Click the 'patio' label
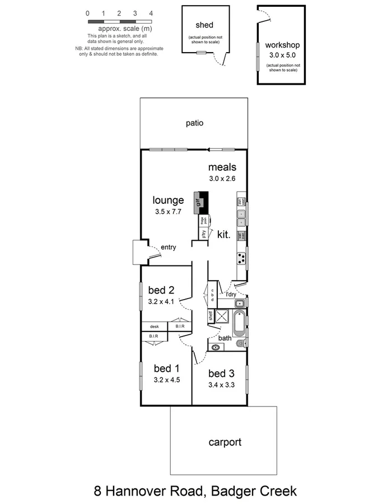(194, 123)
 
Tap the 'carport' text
(225, 442)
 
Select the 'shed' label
(204, 25)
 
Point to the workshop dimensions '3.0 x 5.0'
(281, 55)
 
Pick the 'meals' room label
(222, 167)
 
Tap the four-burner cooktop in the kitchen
(241, 258)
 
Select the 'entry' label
(169, 247)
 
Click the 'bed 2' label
(161, 290)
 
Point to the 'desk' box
(155, 326)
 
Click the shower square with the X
(221, 316)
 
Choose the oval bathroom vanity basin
(216, 348)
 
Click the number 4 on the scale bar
(151, 12)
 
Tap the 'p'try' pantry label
(204, 235)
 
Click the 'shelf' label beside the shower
(211, 316)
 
